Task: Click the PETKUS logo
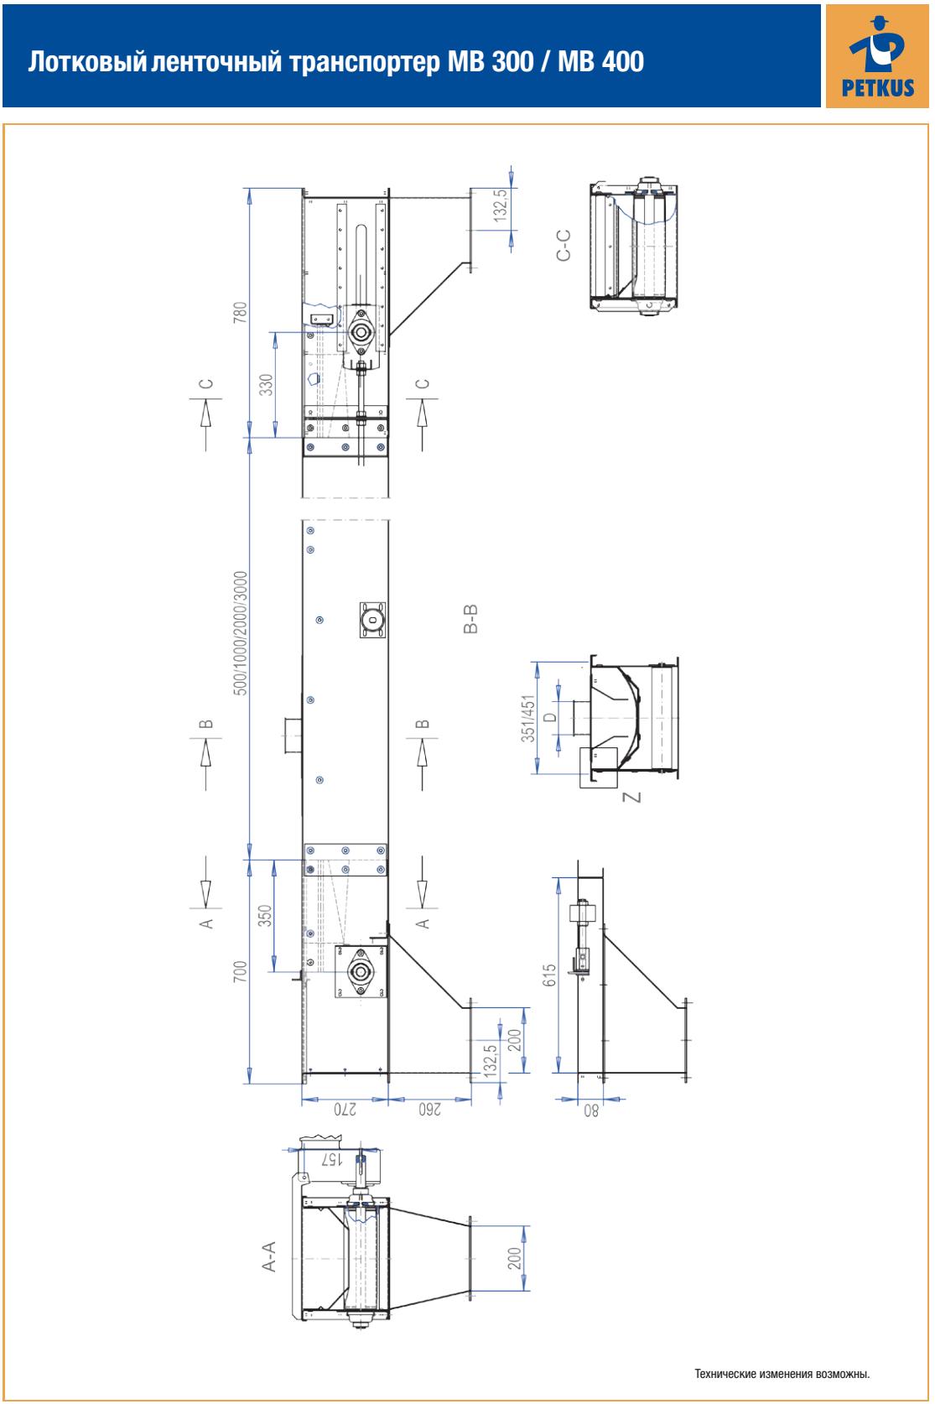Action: (877, 56)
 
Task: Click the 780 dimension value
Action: (240, 313)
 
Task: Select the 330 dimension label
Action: (267, 385)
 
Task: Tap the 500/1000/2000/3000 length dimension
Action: (241, 633)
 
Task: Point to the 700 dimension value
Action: (241, 971)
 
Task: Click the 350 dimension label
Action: (266, 916)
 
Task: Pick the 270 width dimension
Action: (345, 1110)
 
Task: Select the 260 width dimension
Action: (430, 1110)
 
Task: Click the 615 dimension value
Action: (549, 975)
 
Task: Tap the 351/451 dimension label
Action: (528, 718)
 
